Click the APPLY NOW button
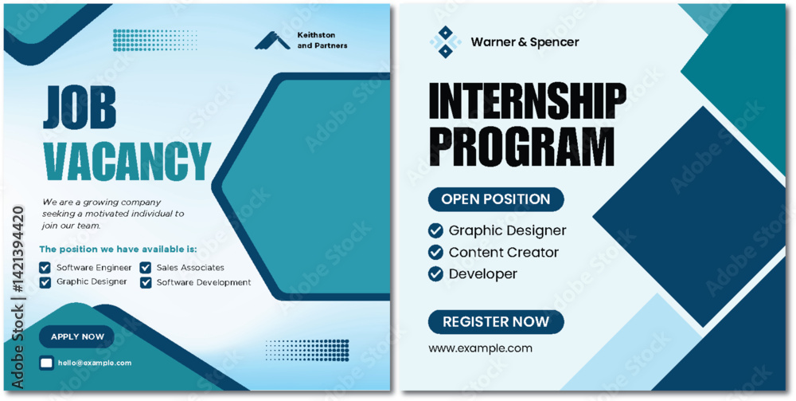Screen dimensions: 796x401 pos(76,336)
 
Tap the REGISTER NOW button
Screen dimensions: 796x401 pos(496,322)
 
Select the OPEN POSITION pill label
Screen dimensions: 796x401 pos(496,199)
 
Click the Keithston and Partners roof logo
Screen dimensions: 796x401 pos(272,41)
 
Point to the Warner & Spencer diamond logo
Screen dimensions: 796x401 pos(445,41)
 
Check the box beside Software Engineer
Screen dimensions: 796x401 pos(45,267)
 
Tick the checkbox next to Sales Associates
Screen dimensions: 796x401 pos(146,267)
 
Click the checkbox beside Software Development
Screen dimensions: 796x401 pos(146,282)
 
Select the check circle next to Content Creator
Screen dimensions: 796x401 pos(435,252)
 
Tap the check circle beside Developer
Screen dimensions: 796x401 pos(435,274)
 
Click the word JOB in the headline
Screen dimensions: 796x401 pos(80,108)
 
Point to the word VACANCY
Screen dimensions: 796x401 pos(127,161)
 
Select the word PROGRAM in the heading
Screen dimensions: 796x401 pos(522,147)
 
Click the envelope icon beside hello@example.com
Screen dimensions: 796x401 pos(47,363)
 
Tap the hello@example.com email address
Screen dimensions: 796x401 pos(95,363)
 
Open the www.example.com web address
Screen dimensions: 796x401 pos(480,348)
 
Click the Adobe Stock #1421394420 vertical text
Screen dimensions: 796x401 pos(18,297)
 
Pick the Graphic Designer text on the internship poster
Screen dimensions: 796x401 pos(507,230)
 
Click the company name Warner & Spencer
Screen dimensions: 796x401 pos(525,42)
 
